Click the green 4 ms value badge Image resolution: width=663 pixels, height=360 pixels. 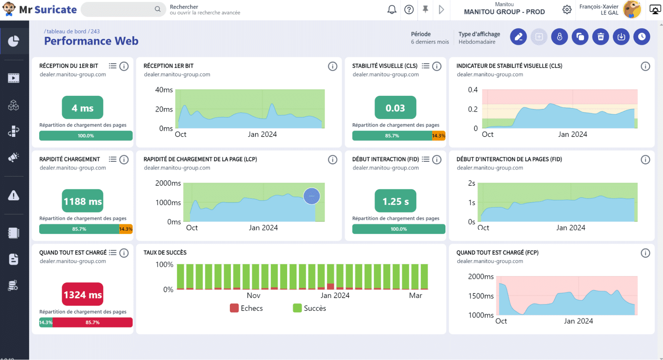83,107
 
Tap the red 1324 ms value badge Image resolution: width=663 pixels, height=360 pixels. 83,294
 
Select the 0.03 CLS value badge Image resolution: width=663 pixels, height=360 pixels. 395,107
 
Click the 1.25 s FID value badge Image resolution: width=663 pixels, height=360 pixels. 395,201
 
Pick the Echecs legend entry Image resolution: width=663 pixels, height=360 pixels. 246,308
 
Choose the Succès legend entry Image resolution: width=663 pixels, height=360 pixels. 309,308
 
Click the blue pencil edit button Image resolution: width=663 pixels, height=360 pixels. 518,37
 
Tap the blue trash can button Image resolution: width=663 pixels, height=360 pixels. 601,37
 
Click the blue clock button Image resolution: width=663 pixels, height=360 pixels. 642,37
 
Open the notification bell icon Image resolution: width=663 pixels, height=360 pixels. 392,10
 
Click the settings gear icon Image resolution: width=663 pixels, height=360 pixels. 567,10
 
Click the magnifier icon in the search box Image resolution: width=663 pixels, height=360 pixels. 158,9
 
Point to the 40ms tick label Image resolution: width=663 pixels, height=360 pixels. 164,90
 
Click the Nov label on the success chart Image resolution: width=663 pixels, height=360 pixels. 253,295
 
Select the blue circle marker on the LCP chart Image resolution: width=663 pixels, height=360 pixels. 312,196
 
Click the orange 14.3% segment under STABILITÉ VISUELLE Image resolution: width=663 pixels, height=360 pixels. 438,136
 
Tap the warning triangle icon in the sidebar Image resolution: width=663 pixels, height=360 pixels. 14,196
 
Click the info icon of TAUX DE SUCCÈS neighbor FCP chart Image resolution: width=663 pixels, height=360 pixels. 645,253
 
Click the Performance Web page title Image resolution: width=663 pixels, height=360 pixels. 91,41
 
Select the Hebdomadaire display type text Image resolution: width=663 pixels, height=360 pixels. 477,42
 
